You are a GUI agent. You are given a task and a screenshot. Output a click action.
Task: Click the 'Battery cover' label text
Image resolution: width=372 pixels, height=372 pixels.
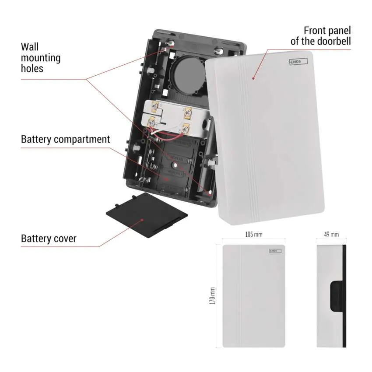49,239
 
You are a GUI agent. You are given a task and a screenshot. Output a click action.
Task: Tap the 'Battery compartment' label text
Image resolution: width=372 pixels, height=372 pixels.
66,140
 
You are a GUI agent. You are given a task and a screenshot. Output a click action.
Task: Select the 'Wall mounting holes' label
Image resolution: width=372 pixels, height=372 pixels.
41,57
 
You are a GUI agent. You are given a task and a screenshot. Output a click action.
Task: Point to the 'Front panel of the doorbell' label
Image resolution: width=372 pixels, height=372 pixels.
322,36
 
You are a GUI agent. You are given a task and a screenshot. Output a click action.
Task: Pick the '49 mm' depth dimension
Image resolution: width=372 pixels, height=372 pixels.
331,235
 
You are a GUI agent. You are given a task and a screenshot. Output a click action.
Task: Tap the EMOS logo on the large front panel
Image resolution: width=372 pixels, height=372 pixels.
298,63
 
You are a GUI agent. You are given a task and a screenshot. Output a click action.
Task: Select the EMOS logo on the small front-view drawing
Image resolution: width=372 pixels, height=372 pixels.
275,251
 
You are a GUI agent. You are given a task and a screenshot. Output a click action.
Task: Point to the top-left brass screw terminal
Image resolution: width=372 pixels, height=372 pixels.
154,106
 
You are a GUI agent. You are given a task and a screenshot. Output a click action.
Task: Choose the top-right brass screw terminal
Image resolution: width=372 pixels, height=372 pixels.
188,112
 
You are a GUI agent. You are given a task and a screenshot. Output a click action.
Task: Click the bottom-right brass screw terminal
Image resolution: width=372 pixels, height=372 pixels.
185,129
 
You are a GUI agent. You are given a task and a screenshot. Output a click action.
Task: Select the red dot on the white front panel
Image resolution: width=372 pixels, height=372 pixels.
253,79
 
